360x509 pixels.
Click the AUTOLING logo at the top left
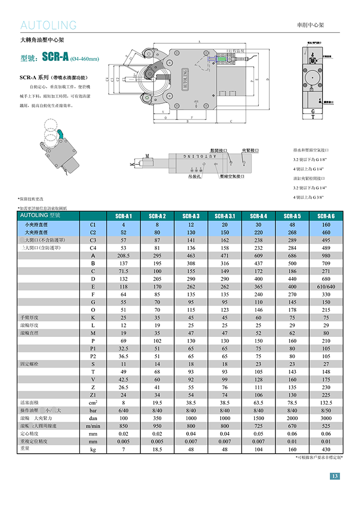coord(49,26)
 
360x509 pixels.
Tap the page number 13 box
coord(335,476)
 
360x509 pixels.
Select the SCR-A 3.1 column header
coord(225,216)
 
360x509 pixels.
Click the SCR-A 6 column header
coord(326,216)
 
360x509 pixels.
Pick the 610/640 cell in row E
coord(326,287)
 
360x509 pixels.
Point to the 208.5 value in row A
coord(124,256)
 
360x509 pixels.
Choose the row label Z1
coord(93,395)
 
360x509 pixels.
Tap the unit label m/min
coord(93,426)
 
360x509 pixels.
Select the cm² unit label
coord(93,403)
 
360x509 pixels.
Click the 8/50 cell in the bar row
coord(326,410)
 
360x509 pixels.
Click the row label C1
coord(93,224)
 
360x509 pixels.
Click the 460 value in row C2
coord(326,232)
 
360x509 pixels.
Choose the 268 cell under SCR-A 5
coord(292,232)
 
